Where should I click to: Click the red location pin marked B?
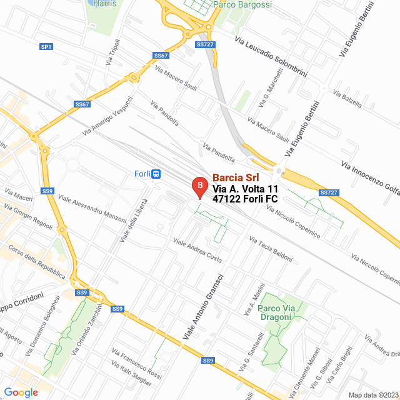pos(199,186)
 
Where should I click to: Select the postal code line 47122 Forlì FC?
pos(245,199)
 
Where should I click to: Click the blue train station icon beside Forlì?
pos(156,174)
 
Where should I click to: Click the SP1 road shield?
pos(46,47)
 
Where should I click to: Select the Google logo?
pos(21,392)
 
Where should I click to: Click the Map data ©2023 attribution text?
pos(373,395)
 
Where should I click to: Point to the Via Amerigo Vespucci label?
pos(108,116)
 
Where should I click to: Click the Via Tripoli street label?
pos(113,52)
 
